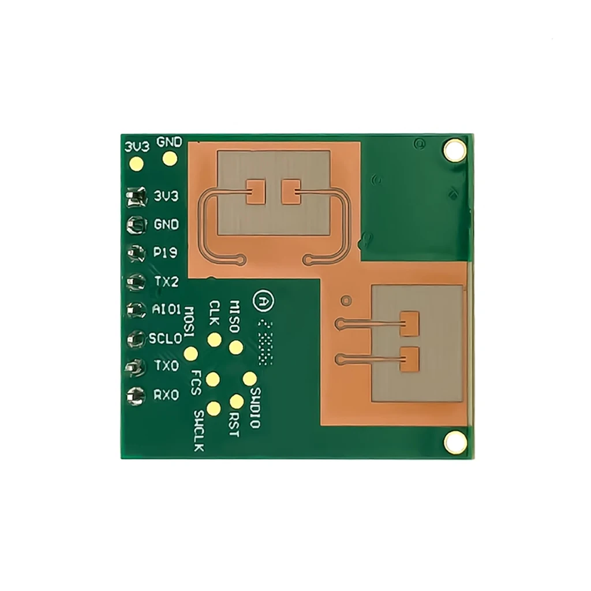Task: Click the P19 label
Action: tap(166, 253)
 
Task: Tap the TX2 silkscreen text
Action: tap(166, 282)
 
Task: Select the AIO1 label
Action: tap(167, 310)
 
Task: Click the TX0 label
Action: tap(166, 366)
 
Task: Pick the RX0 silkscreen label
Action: tap(166, 395)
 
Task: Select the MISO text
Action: tap(235, 316)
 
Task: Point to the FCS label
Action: tap(196, 382)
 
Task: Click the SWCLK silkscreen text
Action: tap(199, 430)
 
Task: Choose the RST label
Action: tap(233, 424)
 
